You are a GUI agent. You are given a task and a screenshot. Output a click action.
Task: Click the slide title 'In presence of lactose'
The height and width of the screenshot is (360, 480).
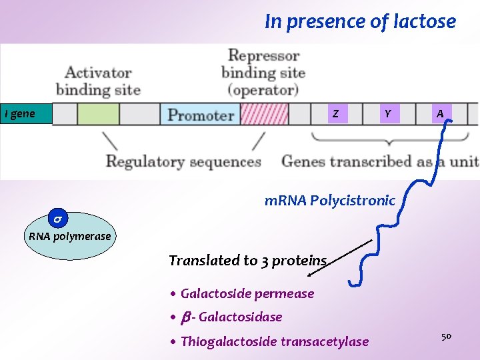point(360,22)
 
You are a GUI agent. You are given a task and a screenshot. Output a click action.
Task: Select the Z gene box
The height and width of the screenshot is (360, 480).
point(335,114)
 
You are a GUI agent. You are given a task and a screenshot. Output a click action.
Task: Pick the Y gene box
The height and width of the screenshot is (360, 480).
point(387,114)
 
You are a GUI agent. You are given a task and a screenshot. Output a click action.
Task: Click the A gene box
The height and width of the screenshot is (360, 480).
point(439,114)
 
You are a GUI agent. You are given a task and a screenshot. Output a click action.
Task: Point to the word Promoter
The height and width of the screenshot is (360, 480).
point(200,115)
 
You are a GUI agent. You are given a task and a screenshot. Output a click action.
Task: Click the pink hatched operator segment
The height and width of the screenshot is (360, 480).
point(264,114)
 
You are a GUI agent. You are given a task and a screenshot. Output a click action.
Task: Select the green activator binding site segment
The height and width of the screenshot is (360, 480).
point(98,114)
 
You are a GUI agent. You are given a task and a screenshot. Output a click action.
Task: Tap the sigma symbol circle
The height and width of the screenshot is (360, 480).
point(58,219)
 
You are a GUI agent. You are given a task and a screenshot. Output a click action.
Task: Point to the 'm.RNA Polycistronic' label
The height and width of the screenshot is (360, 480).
point(329,200)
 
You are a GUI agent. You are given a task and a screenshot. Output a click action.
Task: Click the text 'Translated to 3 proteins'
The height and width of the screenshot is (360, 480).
point(247,261)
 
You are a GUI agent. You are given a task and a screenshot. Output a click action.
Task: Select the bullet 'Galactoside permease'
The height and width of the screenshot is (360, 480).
point(247,293)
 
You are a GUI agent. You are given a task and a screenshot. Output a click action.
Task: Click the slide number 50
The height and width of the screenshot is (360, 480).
point(446,337)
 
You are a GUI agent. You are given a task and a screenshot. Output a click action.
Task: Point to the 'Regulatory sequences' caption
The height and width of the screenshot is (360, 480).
point(183,161)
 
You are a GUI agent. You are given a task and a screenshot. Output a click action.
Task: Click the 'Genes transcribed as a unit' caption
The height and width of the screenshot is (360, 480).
point(379,161)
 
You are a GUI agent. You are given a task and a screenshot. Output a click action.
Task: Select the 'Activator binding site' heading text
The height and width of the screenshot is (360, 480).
point(98,80)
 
